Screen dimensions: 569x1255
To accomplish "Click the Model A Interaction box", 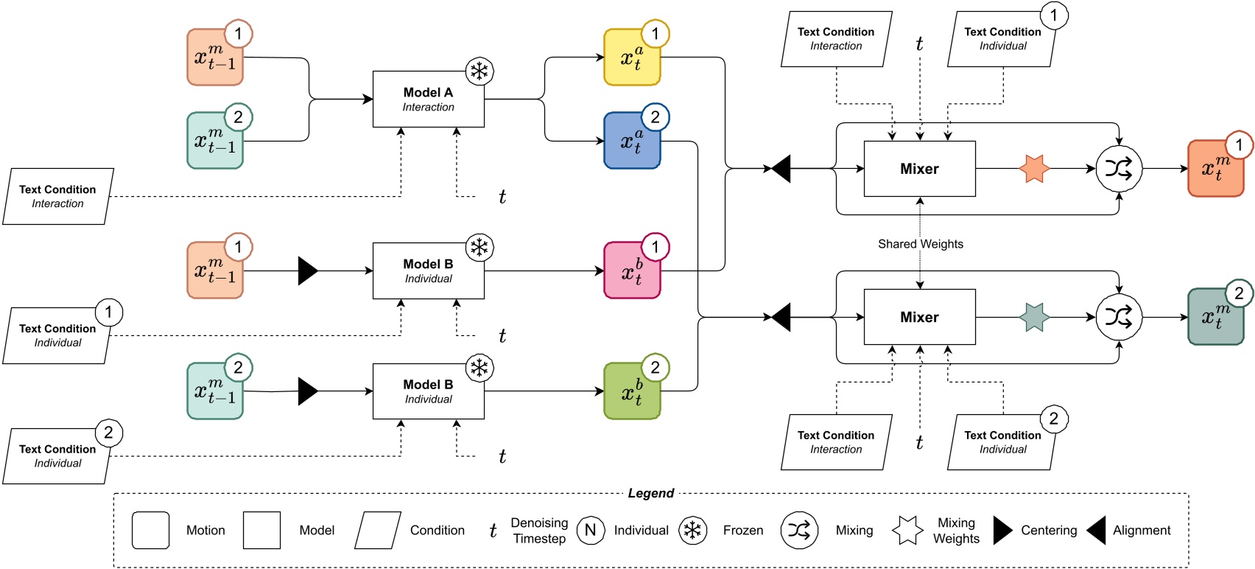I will point(428,99).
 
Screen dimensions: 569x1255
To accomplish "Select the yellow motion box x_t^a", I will point(631,57).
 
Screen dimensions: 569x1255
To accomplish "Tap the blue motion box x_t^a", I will point(631,141).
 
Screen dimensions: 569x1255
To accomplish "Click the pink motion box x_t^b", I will point(631,271).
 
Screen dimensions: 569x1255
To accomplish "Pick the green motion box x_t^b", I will point(631,391).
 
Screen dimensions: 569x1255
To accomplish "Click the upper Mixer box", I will point(919,169).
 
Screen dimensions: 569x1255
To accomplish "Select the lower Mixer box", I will point(919,317).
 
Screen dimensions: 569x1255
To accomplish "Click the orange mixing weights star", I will point(1034,169).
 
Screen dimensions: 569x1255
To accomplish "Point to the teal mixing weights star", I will point(1034,318).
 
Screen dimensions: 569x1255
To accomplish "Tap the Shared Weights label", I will point(920,244).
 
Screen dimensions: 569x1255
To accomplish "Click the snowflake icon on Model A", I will point(479,71).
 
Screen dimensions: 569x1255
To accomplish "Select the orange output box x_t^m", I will point(1215,169).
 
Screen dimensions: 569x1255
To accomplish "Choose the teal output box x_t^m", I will point(1215,318).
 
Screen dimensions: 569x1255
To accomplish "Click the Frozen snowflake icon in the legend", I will point(692,530).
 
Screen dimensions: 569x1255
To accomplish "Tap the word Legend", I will point(650,493).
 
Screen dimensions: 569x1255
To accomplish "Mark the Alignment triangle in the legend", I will point(1097,530).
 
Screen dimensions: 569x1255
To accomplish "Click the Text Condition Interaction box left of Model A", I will point(57,196).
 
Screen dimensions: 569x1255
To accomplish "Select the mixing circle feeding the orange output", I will point(1118,169).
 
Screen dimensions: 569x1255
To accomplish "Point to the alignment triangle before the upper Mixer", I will point(781,169).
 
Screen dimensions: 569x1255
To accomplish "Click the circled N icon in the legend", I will point(590,530).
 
